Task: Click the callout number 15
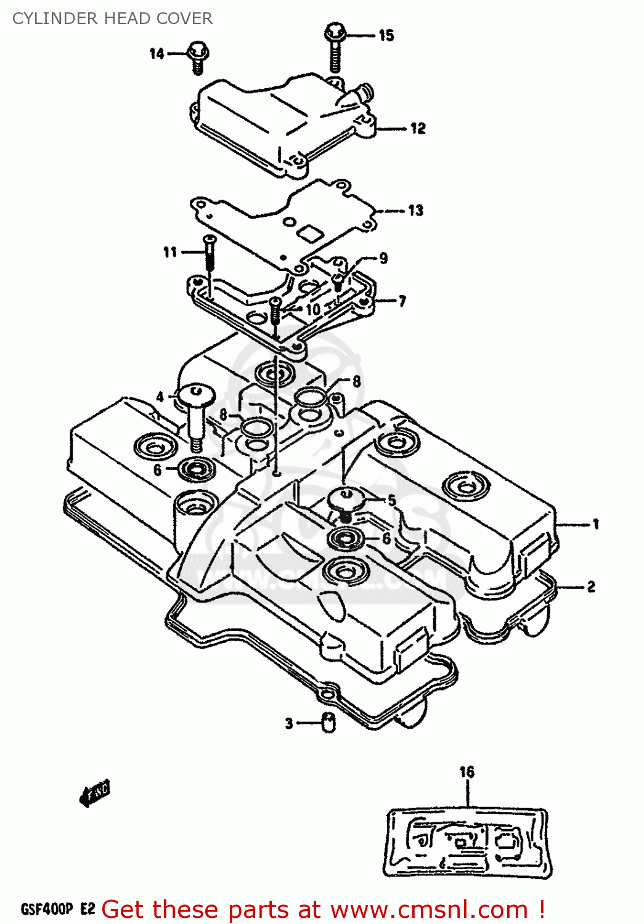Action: coord(386,35)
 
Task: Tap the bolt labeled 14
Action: coord(198,56)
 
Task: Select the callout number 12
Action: coord(418,128)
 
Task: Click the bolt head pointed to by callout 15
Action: coord(333,32)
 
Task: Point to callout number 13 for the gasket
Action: coord(416,211)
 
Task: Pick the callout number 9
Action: coord(383,258)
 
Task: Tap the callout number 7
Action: coord(402,301)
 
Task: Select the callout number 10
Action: coord(313,309)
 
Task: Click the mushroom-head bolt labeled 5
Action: coord(346,500)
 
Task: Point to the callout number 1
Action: coord(596,524)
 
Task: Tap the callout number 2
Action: coord(591,586)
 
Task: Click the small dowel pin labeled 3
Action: coord(328,722)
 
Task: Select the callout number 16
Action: coord(467,772)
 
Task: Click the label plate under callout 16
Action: coord(467,842)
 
